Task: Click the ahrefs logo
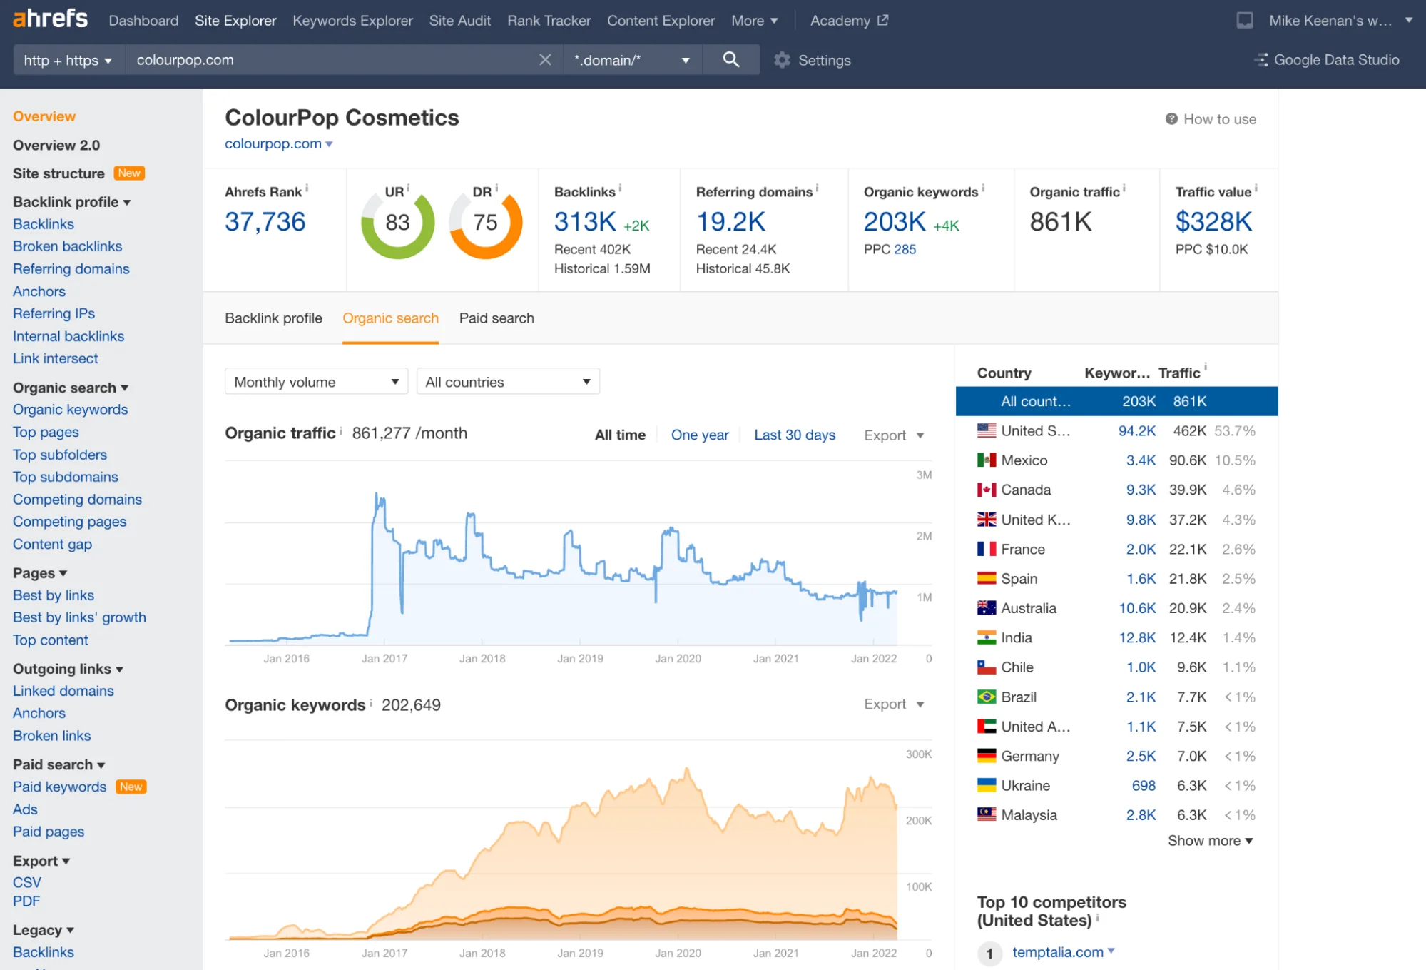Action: click(50, 19)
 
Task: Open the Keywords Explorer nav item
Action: click(352, 21)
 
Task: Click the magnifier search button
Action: click(730, 59)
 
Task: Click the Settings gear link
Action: click(813, 60)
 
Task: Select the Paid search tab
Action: click(496, 318)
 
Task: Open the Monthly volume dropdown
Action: click(316, 382)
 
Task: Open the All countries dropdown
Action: click(508, 382)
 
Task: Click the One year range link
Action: click(699, 435)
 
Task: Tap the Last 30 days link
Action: click(794, 435)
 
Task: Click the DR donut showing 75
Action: click(486, 223)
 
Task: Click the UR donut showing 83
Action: click(397, 223)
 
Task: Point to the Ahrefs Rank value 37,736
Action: click(265, 222)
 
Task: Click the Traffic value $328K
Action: click(1213, 222)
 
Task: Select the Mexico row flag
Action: click(986, 460)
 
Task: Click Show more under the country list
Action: click(1210, 841)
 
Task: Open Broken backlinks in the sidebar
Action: click(67, 246)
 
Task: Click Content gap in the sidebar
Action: click(52, 544)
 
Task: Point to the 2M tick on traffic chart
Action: click(924, 536)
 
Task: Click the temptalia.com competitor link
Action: click(1057, 952)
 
